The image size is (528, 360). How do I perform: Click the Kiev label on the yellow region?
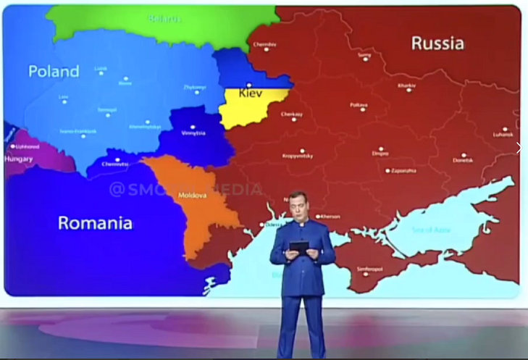coord(250,94)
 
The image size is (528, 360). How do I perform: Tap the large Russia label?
coord(437,43)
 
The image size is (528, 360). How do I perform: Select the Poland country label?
coord(54,71)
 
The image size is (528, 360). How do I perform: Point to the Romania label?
coord(95,223)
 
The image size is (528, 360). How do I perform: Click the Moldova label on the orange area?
coord(193,195)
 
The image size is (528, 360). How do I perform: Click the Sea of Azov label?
coord(432,230)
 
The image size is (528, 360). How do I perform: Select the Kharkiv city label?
coord(407,86)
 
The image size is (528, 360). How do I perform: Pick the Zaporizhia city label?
coord(403,171)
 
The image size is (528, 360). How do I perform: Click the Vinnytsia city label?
coord(193,133)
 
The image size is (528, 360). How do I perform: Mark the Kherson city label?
coord(330,216)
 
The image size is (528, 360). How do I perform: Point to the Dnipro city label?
coord(380,153)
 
